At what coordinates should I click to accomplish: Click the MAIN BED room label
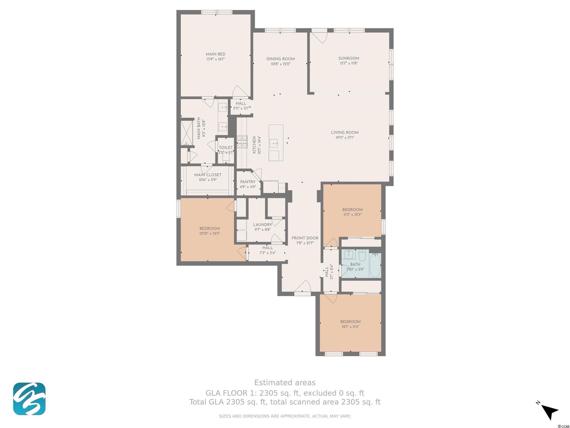click(x=215, y=54)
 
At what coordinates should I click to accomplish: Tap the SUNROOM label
click(x=348, y=59)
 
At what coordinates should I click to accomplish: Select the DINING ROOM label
click(x=281, y=59)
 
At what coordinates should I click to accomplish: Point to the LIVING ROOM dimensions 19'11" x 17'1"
click(x=345, y=138)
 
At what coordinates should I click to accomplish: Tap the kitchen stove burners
click(x=242, y=142)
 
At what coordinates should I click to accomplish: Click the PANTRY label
click(x=248, y=182)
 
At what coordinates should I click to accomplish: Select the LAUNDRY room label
click(x=262, y=225)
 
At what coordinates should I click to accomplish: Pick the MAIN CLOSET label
click(x=208, y=175)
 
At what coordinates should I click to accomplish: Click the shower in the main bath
click(x=186, y=133)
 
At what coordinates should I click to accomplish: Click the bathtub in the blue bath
click(x=375, y=265)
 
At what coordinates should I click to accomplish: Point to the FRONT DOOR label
click(x=305, y=238)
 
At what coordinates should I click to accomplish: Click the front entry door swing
click(x=303, y=286)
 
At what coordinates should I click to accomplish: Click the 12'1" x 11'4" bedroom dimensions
click(x=350, y=327)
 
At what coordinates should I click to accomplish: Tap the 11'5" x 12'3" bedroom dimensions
click(x=352, y=215)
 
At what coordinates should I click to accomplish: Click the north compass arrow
click(x=549, y=412)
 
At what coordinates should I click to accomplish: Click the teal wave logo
click(x=29, y=399)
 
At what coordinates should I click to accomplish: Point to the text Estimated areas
click(x=285, y=383)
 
